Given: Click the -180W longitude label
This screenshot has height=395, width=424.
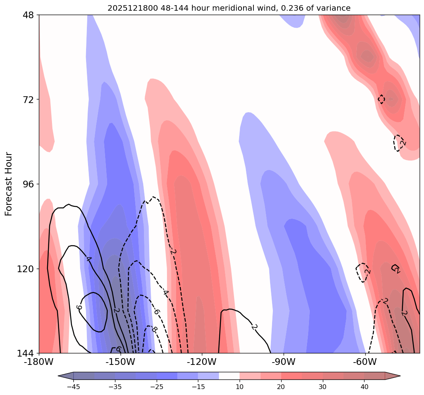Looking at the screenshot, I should pyautogui.click(x=39, y=362).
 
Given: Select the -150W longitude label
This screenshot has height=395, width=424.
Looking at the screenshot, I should pyautogui.click(x=120, y=362).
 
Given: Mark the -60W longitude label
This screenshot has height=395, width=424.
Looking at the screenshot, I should pyautogui.click(x=365, y=362).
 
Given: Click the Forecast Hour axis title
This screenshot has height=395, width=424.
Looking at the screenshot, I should pyautogui.click(x=9, y=184).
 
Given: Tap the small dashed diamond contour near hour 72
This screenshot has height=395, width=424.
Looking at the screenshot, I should pyautogui.click(x=381, y=99).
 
